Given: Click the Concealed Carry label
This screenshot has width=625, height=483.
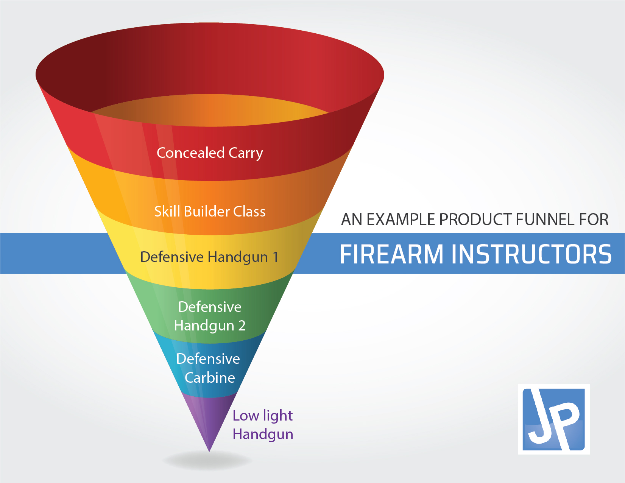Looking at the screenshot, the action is pyautogui.click(x=210, y=153).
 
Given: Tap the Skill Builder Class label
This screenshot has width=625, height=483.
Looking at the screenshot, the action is pyautogui.click(x=210, y=211).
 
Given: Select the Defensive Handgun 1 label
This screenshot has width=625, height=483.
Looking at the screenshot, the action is pyautogui.click(x=209, y=257).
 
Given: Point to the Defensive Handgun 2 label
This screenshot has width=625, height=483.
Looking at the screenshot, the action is pyautogui.click(x=210, y=316).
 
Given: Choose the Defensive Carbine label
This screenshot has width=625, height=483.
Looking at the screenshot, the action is pyautogui.click(x=209, y=368).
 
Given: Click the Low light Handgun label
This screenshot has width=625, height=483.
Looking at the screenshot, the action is pyautogui.click(x=263, y=425).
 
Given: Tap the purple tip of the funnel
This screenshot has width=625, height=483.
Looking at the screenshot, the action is pyautogui.click(x=209, y=451).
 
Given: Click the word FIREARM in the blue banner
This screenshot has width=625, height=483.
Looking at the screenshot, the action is pyautogui.click(x=391, y=254).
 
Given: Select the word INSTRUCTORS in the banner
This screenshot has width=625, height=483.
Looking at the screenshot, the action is pyautogui.click(x=531, y=254).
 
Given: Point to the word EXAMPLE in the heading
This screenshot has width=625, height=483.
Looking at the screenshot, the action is pyautogui.click(x=401, y=220).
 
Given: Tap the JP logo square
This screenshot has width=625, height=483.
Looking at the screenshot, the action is pyautogui.click(x=554, y=419).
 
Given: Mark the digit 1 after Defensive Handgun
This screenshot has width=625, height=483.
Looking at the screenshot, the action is pyautogui.click(x=275, y=257).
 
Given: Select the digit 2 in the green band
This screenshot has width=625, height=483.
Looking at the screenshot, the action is pyautogui.click(x=242, y=326).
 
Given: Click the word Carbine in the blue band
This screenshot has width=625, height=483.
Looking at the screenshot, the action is pyautogui.click(x=210, y=377).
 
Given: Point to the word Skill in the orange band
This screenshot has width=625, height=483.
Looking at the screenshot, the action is pyautogui.click(x=167, y=211).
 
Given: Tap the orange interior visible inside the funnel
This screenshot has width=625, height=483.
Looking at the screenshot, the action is pyautogui.click(x=210, y=111).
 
